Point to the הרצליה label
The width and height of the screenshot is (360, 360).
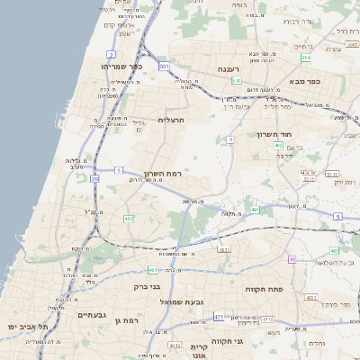pyautogui.click(x=170, y=120)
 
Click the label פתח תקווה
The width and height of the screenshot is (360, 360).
pyautogui.click(x=264, y=290)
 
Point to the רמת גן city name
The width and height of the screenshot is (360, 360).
pyautogui.click(x=131, y=320)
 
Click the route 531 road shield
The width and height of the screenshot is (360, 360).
pyautogui.click(x=164, y=67)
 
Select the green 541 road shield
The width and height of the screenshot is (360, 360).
pyautogui.click(x=236, y=81)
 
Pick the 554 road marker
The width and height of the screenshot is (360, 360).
pyautogui.click(x=306, y=58)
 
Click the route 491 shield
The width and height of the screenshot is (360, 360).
pyautogui.click(x=256, y=211)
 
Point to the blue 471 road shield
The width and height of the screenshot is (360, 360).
pyautogui.click(x=219, y=317)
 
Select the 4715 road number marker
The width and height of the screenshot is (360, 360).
pyautogui.click(x=268, y=319)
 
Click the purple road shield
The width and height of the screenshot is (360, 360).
pyautogui.click(x=292, y=260)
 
